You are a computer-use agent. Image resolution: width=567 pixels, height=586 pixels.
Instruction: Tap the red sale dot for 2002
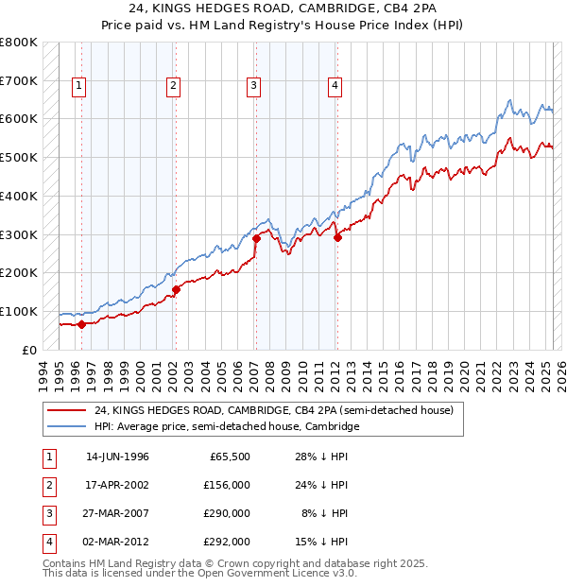click(x=176, y=289)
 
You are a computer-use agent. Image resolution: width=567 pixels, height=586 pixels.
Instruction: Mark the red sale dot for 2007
click(x=256, y=238)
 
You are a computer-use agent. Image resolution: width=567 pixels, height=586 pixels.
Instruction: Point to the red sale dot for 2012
click(x=337, y=237)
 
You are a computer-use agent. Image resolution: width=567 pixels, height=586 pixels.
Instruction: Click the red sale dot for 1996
click(x=81, y=324)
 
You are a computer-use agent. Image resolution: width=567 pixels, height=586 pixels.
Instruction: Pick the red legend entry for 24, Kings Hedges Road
click(x=275, y=410)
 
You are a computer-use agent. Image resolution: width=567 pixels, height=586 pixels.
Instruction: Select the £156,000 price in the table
click(x=228, y=485)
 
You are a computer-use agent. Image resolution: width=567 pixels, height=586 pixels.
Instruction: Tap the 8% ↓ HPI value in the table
click(x=325, y=513)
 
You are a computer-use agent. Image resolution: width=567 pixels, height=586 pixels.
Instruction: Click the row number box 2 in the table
click(x=48, y=485)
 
